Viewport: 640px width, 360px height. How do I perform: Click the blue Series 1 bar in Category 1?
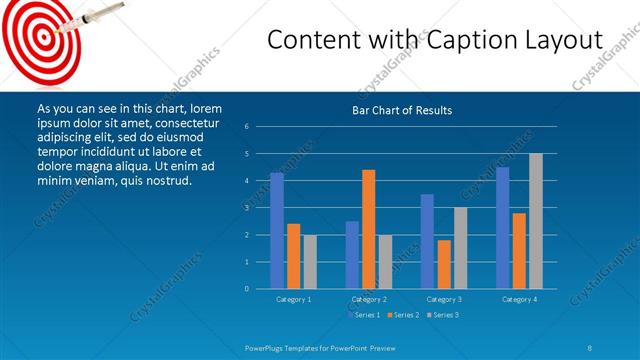(x=277, y=231)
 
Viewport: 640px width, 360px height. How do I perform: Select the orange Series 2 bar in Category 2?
(x=369, y=229)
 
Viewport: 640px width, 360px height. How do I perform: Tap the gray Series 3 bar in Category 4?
(x=536, y=221)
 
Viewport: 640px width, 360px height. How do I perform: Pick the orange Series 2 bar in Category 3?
(x=444, y=264)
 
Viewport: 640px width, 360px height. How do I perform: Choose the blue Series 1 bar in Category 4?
(x=503, y=228)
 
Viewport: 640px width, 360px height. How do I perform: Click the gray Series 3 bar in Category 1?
(x=309, y=262)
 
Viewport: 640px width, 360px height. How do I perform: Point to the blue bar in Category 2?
(x=352, y=255)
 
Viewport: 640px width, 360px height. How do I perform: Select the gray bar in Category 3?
(x=460, y=248)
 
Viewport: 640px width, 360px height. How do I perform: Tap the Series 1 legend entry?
(x=363, y=315)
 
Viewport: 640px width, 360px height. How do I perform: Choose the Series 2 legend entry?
(x=402, y=315)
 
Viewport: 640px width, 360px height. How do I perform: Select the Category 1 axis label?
(x=293, y=299)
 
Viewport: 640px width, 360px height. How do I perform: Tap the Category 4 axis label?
(x=519, y=299)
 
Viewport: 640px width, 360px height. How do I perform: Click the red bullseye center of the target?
(x=41, y=36)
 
